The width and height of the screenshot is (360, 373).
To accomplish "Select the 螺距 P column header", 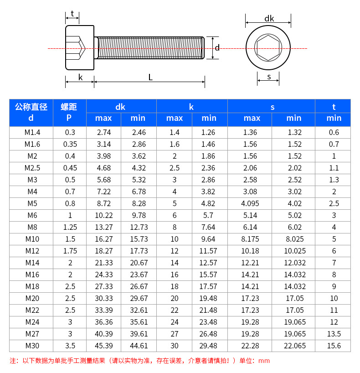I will (69, 112).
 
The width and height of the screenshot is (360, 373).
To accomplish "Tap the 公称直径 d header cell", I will (31, 112).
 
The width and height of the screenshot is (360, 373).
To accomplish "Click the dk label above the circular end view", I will (269, 19).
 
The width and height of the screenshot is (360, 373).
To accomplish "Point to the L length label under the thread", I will (150, 77).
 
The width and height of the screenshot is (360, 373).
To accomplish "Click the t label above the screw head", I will (72, 14).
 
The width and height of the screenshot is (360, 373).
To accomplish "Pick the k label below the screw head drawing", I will (80, 77).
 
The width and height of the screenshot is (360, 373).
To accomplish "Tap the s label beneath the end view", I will (269, 77).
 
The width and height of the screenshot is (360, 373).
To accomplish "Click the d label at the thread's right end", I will (217, 48).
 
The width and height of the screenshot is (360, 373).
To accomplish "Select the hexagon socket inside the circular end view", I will (268, 47).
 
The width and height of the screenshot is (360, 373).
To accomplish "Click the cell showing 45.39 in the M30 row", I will (103, 346).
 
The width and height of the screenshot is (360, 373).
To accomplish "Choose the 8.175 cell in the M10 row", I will (250, 239).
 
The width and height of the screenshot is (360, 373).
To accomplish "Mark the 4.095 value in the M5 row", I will (250, 203).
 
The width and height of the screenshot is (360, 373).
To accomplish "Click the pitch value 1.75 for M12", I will (69, 251).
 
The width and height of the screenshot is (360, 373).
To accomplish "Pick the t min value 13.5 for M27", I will (334, 334).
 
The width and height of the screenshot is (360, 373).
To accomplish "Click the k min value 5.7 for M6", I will (209, 215).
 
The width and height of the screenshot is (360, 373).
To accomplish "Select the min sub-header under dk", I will (138, 119).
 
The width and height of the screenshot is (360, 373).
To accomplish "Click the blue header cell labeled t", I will (334, 107).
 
